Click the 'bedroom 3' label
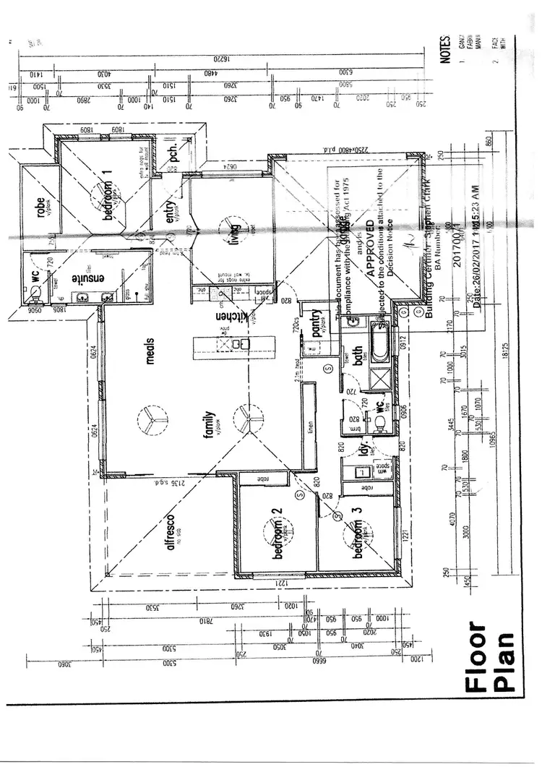pos(357,534)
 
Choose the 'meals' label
pos(150,348)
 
